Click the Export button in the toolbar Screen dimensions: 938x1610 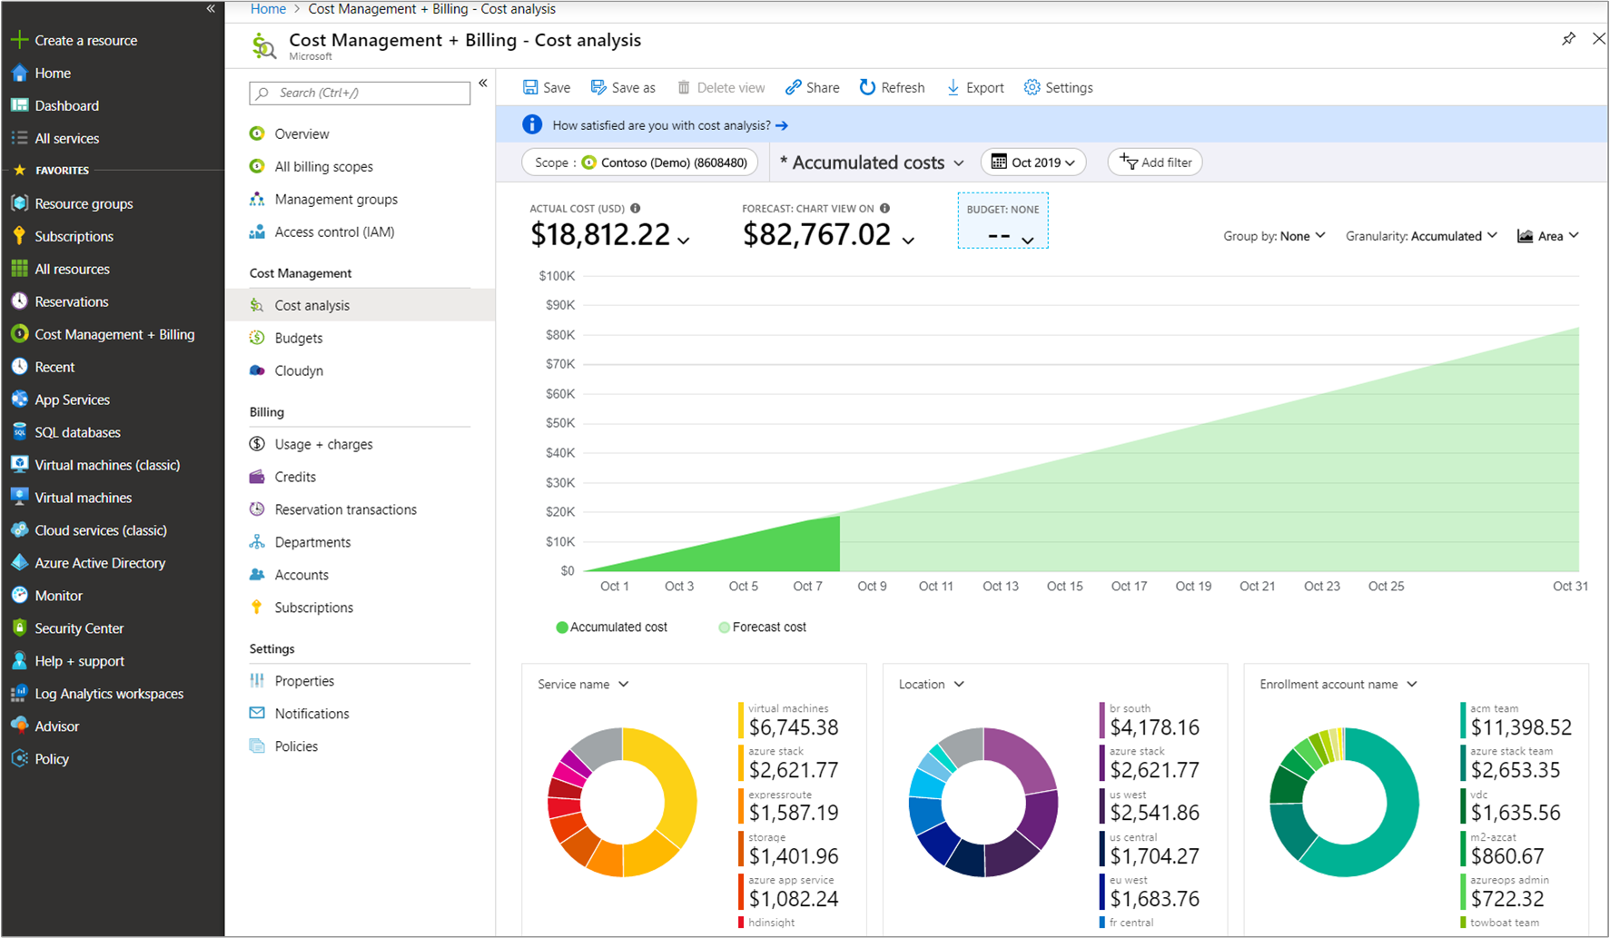point(975,88)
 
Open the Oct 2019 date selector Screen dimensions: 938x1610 point(1033,163)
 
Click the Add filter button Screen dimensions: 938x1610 point(1155,163)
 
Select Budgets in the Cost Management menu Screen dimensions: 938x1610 point(299,338)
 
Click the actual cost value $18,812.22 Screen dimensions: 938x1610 point(600,235)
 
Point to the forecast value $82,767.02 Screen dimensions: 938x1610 point(816,235)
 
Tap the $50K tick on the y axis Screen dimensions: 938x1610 point(559,423)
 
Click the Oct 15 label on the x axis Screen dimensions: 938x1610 point(1064,587)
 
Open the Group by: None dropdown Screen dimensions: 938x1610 point(1274,236)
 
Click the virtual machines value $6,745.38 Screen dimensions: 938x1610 point(793,727)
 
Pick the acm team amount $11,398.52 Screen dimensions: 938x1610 point(1520,727)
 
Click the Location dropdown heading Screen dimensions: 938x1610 point(931,685)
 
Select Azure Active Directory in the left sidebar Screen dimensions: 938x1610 point(100,563)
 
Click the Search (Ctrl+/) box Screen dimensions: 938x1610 point(360,93)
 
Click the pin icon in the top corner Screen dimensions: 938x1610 point(1568,39)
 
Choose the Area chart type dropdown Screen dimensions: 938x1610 point(1548,236)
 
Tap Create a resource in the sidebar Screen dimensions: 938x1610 point(85,41)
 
